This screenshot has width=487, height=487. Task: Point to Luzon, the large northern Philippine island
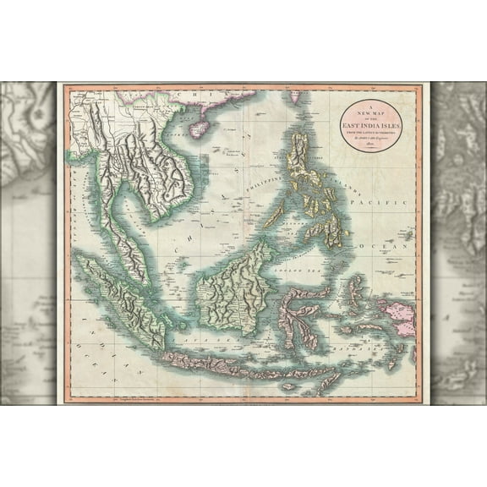coord(300,161)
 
